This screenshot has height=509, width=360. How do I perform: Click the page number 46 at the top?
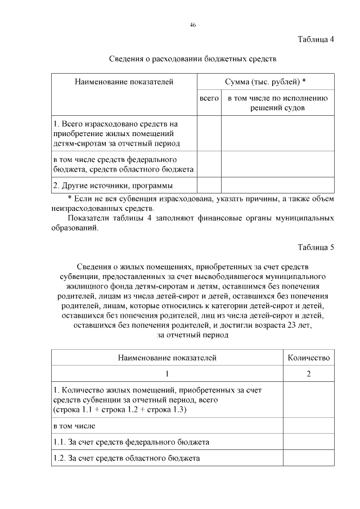pyautogui.click(x=193, y=25)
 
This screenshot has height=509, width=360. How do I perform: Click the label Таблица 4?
pyautogui.click(x=315, y=39)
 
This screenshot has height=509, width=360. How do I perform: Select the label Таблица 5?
pyautogui.click(x=315, y=247)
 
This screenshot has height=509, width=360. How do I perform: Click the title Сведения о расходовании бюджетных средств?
pyautogui.click(x=193, y=58)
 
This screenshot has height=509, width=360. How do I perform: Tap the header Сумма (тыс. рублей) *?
pyautogui.click(x=265, y=82)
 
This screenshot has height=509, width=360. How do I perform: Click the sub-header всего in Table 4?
pyautogui.click(x=209, y=98)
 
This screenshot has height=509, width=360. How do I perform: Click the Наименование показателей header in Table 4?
pyautogui.click(x=124, y=82)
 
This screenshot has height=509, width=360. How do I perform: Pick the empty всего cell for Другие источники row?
pyautogui.click(x=209, y=185)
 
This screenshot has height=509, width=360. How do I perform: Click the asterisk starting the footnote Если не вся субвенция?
pyautogui.click(x=69, y=198)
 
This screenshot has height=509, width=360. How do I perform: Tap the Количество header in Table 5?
pyautogui.click(x=308, y=357)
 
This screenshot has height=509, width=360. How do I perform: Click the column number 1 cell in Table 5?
pyautogui.click(x=166, y=374)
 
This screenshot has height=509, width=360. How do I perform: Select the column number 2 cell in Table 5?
pyautogui.click(x=308, y=374)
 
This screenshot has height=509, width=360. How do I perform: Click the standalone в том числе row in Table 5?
pyautogui.click(x=70, y=426)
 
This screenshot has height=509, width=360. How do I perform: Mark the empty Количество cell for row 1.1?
pyautogui.click(x=308, y=442)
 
